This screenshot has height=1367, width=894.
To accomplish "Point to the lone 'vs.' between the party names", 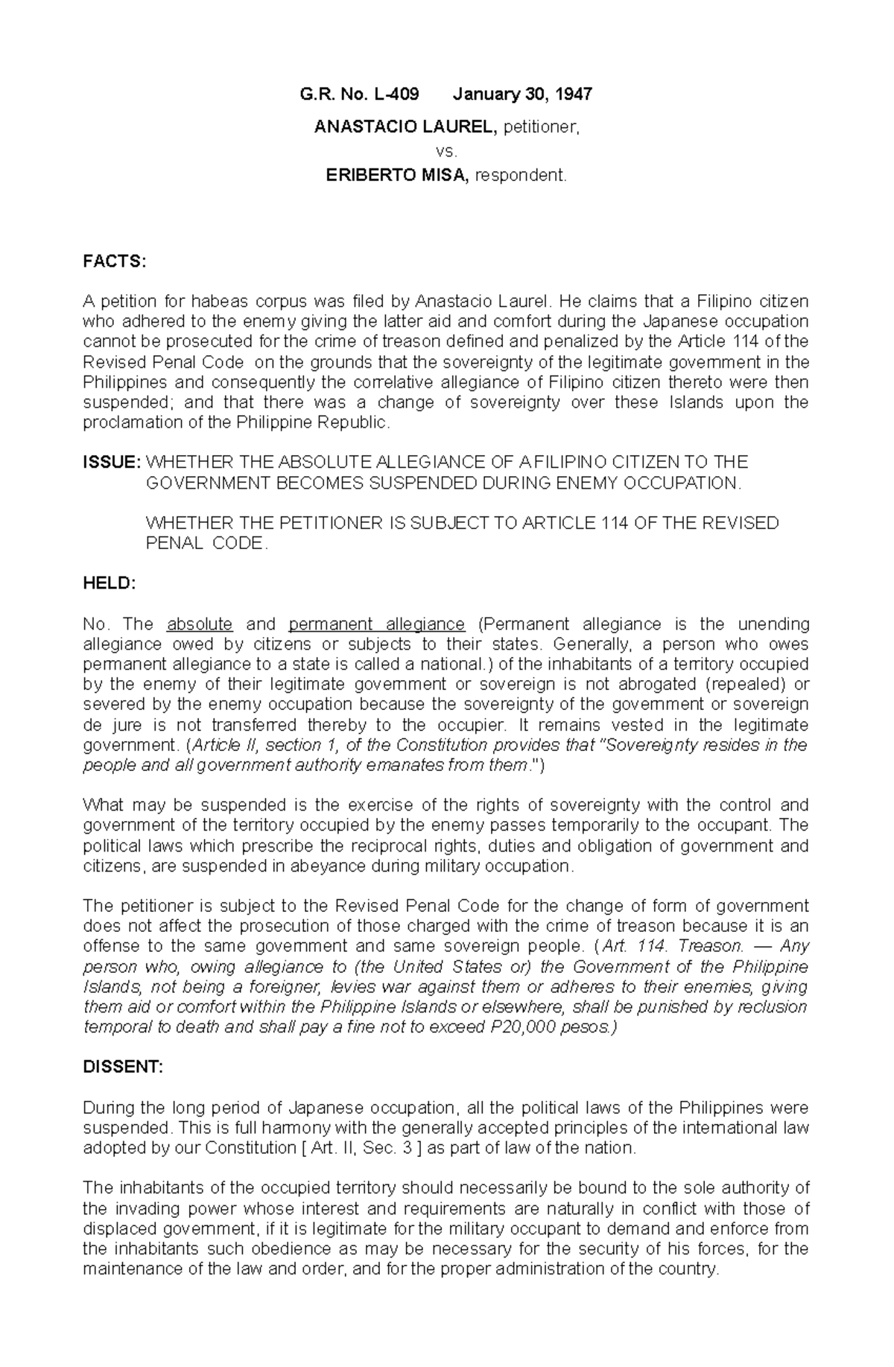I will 446,151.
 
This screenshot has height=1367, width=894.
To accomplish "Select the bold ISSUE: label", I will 111,462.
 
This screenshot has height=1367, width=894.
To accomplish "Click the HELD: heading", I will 109,584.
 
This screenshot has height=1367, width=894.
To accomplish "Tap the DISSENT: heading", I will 122,1067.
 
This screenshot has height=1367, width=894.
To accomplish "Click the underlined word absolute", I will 200,624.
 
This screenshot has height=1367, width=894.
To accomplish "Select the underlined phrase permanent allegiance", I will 376,624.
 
